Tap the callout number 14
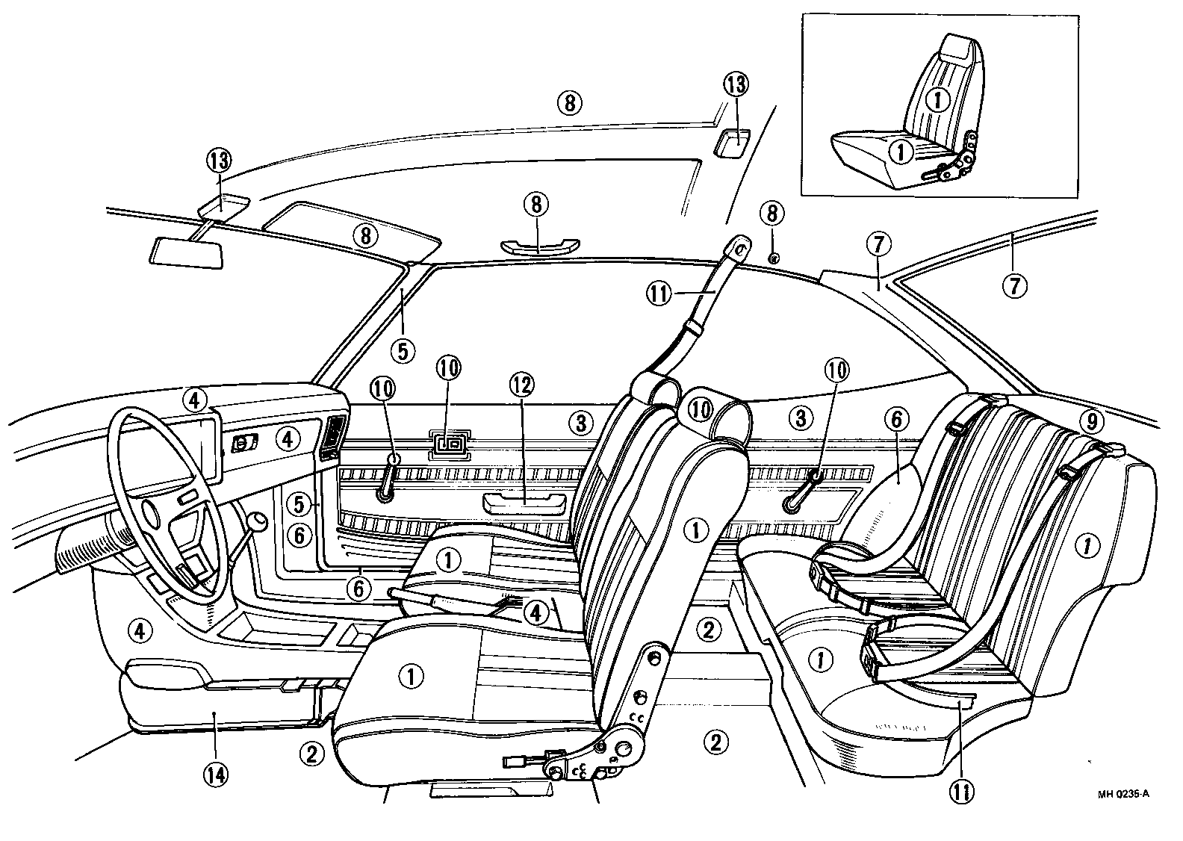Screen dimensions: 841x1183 click(x=214, y=774)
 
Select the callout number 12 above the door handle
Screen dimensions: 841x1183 click(x=523, y=386)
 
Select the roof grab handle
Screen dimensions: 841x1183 click(x=539, y=246)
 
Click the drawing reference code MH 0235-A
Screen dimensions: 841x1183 click(x=1123, y=794)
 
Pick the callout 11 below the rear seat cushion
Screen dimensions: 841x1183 click(x=961, y=791)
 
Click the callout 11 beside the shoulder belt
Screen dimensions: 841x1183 click(x=660, y=294)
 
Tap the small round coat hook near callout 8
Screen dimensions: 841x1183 click(x=774, y=258)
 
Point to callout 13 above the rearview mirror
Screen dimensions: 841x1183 click(x=220, y=160)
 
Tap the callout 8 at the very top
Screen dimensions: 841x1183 click(x=570, y=103)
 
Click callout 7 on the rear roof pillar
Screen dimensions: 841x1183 click(x=878, y=243)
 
